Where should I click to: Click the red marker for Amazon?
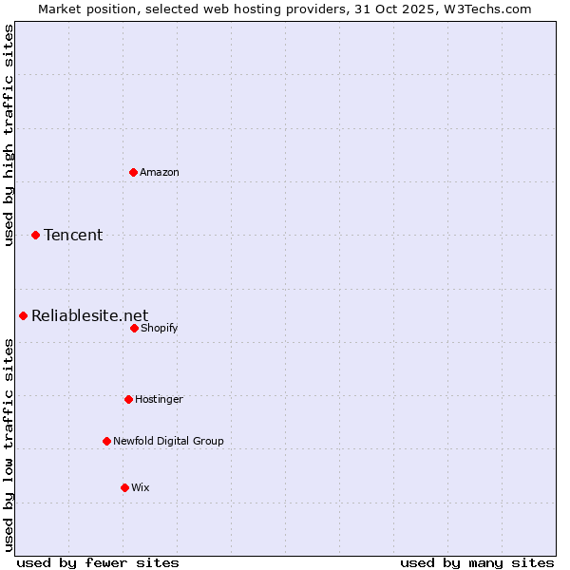tap(133, 172)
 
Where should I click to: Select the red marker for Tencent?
tap(35, 235)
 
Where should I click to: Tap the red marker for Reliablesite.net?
tap(23, 315)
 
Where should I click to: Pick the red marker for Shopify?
tap(134, 328)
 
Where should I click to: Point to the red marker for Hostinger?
tap(128, 399)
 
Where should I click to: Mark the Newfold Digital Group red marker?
tap(106, 441)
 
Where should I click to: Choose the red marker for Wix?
tap(124, 487)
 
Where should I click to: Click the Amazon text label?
tap(160, 172)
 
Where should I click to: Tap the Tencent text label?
tap(73, 235)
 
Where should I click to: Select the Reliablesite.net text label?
tap(90, 315)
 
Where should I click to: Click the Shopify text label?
tap(160, 328)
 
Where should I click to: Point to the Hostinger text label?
tap(159, 399)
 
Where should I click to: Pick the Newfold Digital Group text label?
tap(169, 441)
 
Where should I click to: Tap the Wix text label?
tap(141, 487)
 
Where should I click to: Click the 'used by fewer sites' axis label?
tap(98, 563)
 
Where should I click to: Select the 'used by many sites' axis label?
tap(477, 563)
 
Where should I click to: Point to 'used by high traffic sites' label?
tap(9, 135)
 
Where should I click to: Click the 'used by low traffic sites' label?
tap(9, 445)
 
